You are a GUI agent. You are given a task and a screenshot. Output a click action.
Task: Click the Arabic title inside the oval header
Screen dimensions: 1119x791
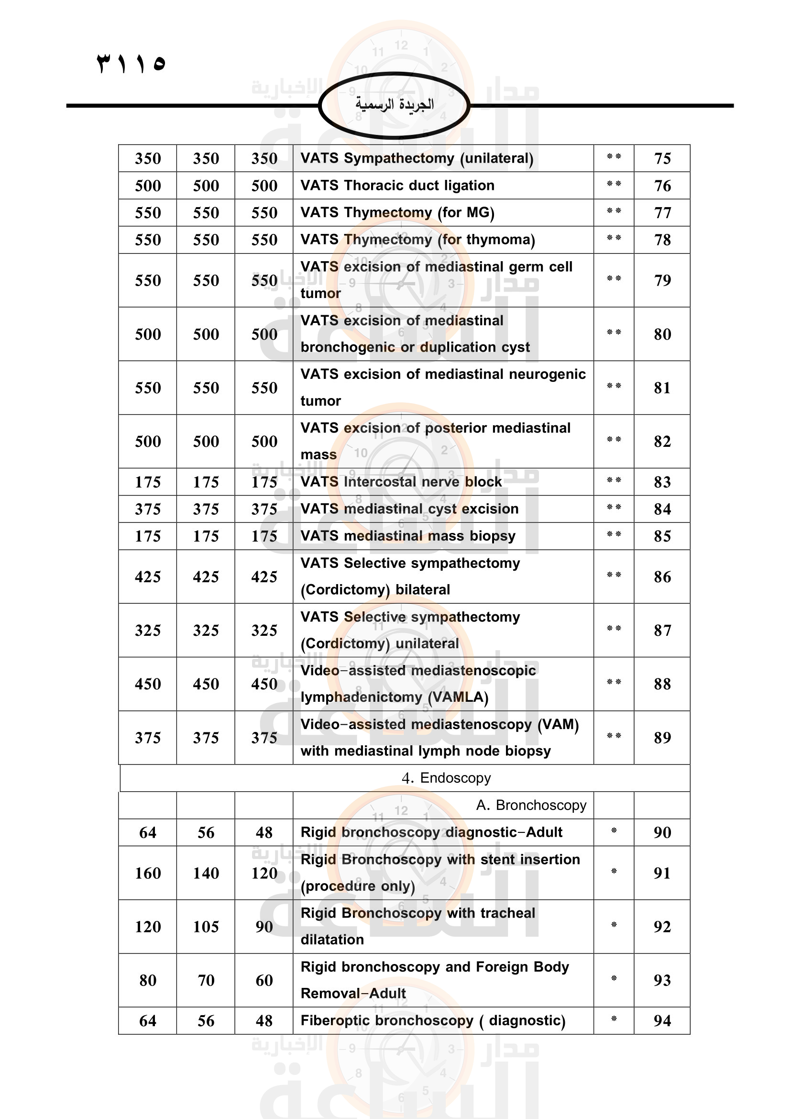(x=394, y=104)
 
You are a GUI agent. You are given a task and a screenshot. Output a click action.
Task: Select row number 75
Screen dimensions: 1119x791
(x=662, y=158)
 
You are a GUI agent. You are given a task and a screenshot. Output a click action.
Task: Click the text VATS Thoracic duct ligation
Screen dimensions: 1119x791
(x=397, y=186)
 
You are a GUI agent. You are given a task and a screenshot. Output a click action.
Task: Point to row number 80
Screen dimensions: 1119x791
(x=662, y=334)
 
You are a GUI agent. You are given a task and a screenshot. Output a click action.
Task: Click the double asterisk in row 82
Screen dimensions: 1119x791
(x=614, y=440)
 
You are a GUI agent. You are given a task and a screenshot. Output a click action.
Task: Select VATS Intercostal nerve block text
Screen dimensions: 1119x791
(x=401, y=482)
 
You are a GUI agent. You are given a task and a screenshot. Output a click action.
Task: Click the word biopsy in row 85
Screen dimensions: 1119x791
(x=493, y=536)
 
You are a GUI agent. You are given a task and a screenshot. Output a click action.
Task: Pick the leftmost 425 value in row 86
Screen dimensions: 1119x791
(x=148, y=577)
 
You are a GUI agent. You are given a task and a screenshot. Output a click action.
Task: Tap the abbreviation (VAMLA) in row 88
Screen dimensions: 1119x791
(x=458, y=698)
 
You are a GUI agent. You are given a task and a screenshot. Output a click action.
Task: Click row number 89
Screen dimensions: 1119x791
(x=662, y=738)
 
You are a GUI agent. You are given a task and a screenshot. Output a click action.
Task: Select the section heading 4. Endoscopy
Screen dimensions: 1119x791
(x=446, y=778)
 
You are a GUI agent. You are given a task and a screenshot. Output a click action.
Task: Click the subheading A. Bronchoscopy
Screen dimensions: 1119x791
(x=531, y=806)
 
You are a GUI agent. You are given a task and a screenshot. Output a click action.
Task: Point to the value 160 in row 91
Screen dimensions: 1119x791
(x=148, y=874)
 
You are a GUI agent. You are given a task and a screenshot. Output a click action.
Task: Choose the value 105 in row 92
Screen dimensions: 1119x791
(x=206, y=927)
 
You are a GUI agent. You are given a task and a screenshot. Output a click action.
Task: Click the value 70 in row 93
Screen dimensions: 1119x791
(x=206, y=981)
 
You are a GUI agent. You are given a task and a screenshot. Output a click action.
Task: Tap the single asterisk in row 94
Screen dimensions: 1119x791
(x=614, y=1019)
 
